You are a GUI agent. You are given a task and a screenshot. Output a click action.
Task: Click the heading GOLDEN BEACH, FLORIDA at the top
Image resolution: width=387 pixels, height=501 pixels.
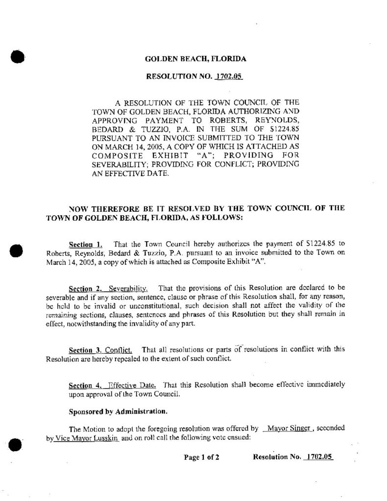coord(195,59)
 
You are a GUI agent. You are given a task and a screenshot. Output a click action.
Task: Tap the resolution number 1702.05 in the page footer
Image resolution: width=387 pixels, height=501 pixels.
coord(319,457)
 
